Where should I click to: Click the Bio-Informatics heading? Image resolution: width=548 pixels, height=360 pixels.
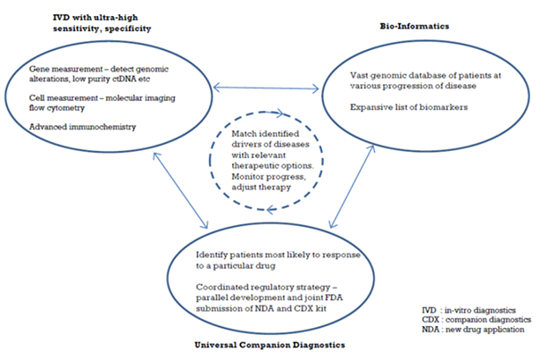tap(414, 26)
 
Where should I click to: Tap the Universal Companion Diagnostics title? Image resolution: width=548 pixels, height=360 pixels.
tap(270, 345)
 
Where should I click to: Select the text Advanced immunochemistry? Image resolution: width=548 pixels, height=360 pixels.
tap(82, 127)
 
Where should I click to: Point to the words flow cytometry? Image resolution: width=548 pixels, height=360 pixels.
tap(57, 108)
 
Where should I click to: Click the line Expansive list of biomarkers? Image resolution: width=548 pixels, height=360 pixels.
tap(409, 107)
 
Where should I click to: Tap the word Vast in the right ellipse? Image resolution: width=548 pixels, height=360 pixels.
tap(359, 75)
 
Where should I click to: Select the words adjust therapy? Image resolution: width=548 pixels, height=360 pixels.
tap(262, 188)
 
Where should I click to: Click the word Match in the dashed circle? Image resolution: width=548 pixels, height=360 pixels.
tap(244, 134)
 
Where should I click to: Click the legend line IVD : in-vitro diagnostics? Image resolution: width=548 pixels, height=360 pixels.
tap(469, 310)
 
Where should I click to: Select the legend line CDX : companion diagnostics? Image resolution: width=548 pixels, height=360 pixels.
tap(477, 320)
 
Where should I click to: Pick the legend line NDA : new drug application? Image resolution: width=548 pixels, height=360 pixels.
tap(473, 330)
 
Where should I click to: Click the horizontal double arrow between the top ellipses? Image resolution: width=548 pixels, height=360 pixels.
tap(266, 88)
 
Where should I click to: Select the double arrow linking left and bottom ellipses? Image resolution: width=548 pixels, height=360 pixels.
tap(180, 190)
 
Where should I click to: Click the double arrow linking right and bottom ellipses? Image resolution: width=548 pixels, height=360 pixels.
tap(353, 187)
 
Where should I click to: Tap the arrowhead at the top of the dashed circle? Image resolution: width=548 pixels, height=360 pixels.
tap(278, 113)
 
